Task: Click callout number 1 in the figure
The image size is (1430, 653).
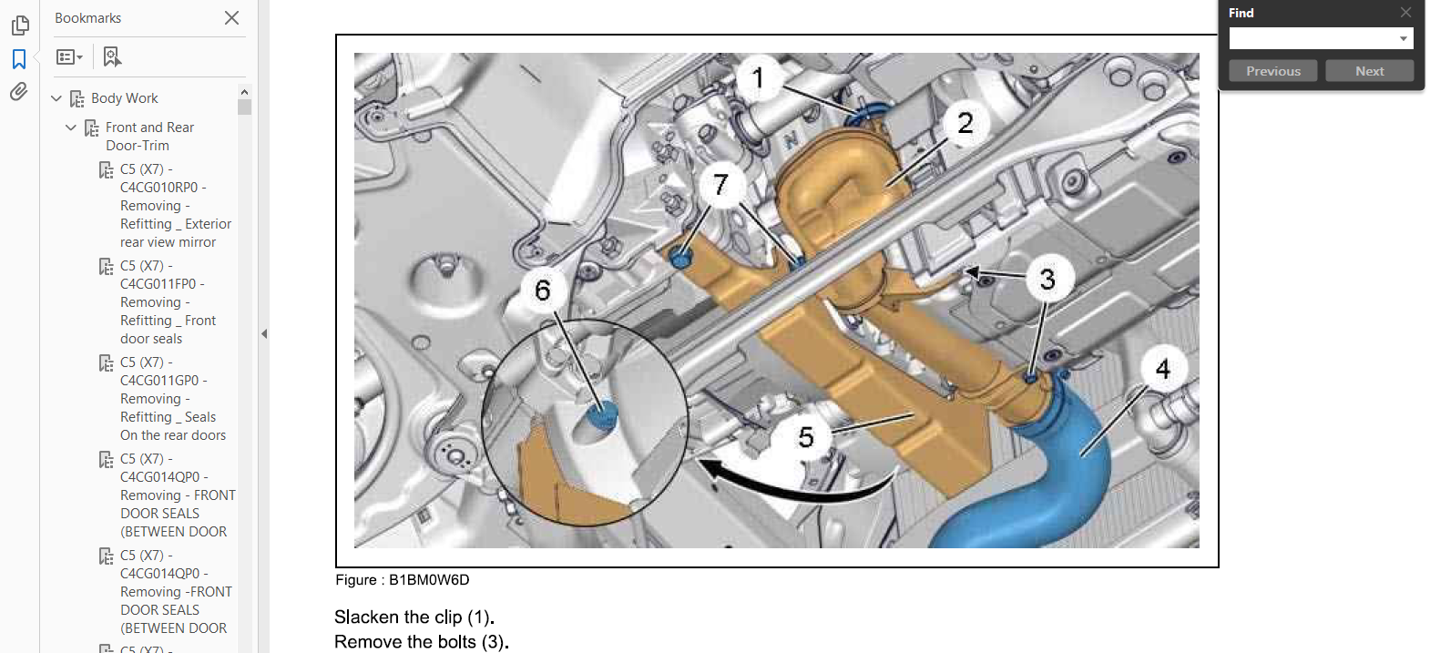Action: click(758, 78)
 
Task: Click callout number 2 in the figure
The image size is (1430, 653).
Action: click(965, 123)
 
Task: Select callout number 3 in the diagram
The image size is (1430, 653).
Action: click(1047, 279)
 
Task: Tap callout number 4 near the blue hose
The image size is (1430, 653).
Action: click(1162, 369)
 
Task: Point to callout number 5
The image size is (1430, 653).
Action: click(805, 437)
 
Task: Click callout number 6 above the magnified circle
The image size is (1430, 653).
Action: click(543, 291)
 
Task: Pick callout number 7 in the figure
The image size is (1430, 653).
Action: click(721, 185)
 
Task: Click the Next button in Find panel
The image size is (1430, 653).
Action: click(1369, 71)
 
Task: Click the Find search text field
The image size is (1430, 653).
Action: click(1312, 38)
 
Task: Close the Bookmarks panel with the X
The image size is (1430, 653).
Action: click(232, 17)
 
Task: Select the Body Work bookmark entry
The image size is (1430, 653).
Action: click(124, 98)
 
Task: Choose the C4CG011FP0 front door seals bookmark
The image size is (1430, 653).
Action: click(168, 302)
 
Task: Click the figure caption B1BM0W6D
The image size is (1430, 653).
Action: click(403, 580)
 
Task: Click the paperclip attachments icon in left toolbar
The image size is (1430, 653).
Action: click(18, 92)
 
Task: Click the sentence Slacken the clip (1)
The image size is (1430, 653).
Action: click(414, 617)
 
